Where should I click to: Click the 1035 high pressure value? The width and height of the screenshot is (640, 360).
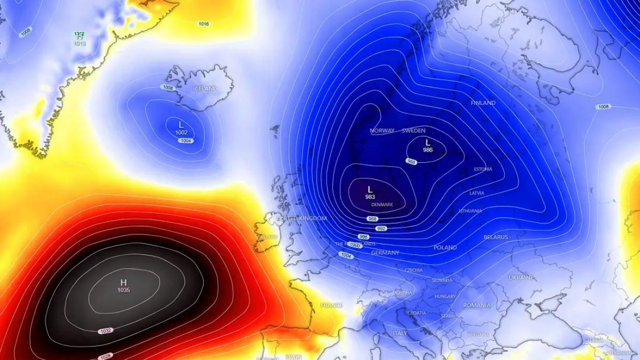[x=124, y=290]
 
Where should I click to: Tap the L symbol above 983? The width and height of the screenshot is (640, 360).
[x=370, y=189]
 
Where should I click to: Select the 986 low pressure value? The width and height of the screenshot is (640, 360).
[x=428, y=150]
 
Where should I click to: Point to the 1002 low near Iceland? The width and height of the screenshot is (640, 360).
[x=181, y=132]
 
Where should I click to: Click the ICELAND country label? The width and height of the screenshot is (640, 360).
[x=205, y=89]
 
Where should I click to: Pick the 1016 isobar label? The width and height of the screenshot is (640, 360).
[x=204, y=24]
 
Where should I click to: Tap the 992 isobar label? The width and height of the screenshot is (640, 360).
[x=381, y=228]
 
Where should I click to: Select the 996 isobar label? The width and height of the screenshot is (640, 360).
[x=364, y=237]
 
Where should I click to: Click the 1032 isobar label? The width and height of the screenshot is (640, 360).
[x=106, y=331]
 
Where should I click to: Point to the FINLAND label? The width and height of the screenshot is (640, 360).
[x=483, y=103]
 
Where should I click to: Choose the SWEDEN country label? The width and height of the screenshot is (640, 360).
[x=413, y=131]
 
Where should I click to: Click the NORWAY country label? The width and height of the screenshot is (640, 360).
[x=382, y=131]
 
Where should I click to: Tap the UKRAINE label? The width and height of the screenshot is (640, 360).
[x=521, y=278]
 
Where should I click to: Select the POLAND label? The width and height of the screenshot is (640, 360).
[x=445, y=247]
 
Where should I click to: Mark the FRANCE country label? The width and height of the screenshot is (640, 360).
[x=331, y=305]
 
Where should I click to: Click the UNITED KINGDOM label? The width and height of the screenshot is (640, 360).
[x=302, y=219]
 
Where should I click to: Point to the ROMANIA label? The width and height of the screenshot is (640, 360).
[x=476, y=305]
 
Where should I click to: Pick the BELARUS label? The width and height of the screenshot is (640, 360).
[x=495, y=237]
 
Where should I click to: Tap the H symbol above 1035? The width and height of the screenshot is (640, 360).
[x=124, y=282]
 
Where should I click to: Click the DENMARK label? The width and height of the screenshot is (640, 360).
[x=382, y=204]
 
